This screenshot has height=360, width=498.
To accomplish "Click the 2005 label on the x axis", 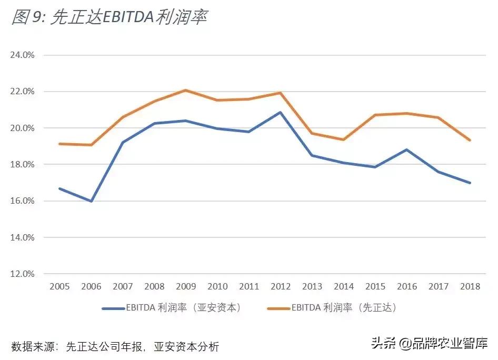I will click(x=59, y=287).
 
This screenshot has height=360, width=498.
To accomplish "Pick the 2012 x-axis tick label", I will click(x=280, y=287).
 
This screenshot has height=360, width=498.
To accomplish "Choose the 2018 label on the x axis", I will click(x=470, y=287).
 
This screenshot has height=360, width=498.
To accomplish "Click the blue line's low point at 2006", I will click(x=92, y=201).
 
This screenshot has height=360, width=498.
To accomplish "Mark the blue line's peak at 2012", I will click(x=280, y=112).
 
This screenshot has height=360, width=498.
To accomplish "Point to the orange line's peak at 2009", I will click(x=185, y=90).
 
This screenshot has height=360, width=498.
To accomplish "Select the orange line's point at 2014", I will click(x=343, y=139).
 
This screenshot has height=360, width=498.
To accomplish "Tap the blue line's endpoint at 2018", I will click(x=470, y=183).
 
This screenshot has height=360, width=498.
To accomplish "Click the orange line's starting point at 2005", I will click(x=59, y=144).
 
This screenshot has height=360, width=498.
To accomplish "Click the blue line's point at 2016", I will click(x=406, y=149).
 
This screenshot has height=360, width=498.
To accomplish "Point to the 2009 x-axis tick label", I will click(x=185, y=287).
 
